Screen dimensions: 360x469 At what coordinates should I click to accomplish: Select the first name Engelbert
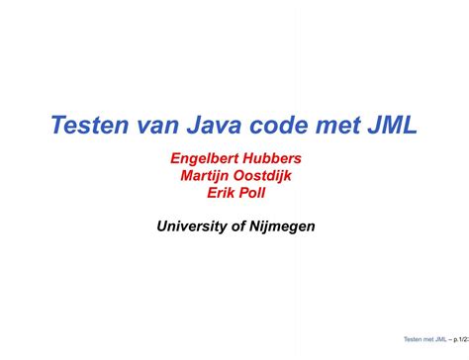207,157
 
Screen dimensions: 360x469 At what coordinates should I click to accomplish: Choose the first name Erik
219,193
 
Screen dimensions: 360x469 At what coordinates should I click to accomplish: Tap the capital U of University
162,226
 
